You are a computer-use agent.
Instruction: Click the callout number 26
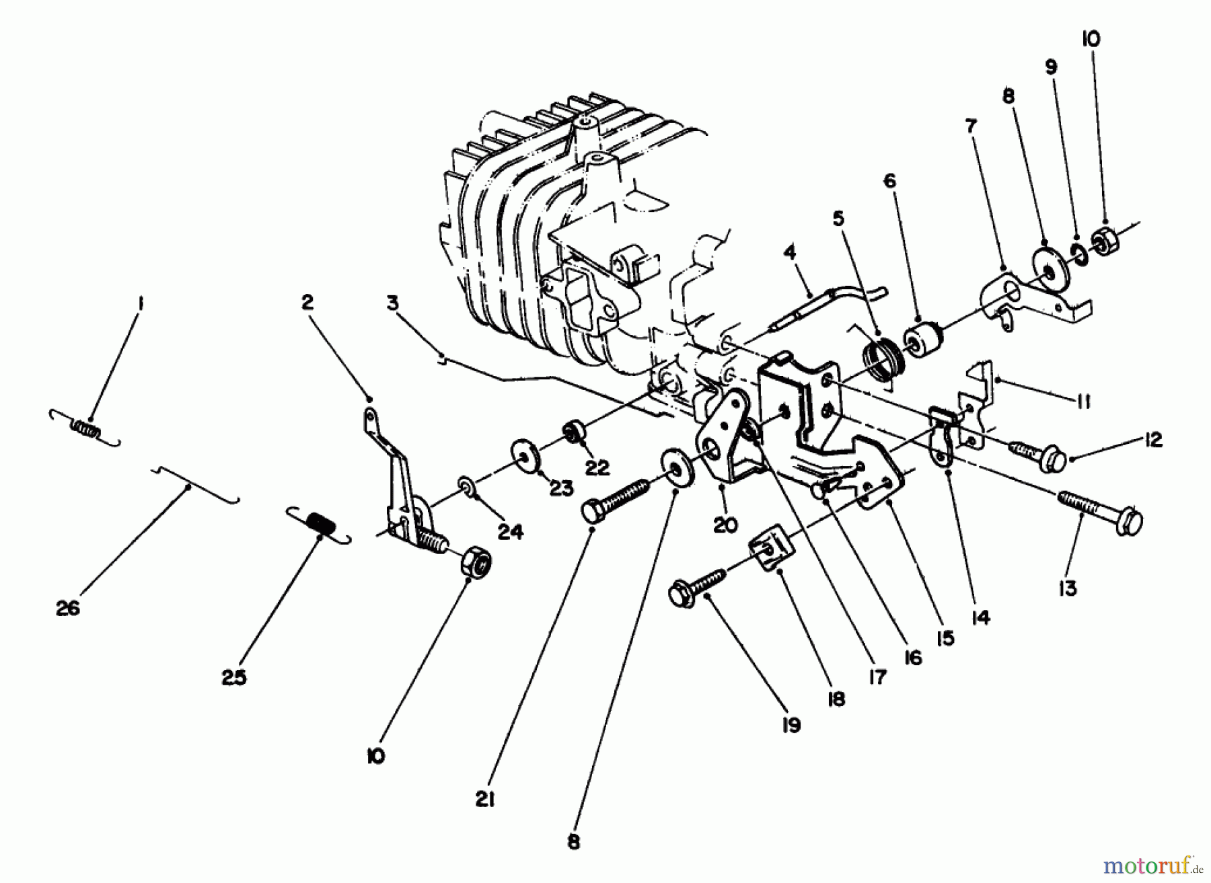click(68, 609)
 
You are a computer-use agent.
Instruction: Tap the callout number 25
click(234, 677)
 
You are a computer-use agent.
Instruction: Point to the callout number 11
click(1082, 401)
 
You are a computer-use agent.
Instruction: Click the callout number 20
click(725, 524)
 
